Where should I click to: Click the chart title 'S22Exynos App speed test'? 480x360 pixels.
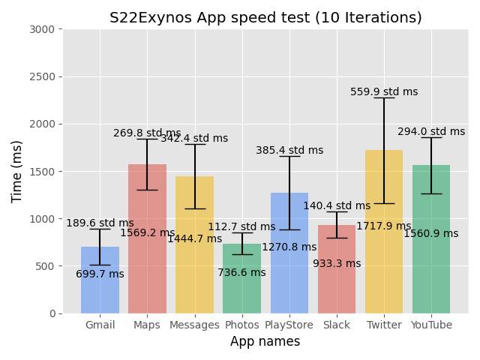[x=265, y=18]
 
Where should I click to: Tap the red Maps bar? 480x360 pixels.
[x=147, y=270]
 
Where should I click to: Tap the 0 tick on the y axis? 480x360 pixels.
[x=52, y=313]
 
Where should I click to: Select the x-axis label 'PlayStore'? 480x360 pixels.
[x=289, y=325]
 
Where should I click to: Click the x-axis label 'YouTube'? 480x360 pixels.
[x=431, y=325]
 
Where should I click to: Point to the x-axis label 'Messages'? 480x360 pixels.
[x=194, y=325]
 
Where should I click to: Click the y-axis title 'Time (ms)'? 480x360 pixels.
[x=17, y=171]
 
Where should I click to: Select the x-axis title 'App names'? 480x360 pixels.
[x=265, y=342]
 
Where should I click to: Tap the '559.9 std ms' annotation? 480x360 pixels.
[x=384, y=92]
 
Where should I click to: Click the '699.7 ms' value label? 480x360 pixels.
[x=100, y=274]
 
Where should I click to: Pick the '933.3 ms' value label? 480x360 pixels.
[x=337, y=264]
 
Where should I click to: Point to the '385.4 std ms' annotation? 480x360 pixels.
[x=289, y=151]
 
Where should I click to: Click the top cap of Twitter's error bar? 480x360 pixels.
[x=384, y=98]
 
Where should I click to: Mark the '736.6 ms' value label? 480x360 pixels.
[x=241, y=273]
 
